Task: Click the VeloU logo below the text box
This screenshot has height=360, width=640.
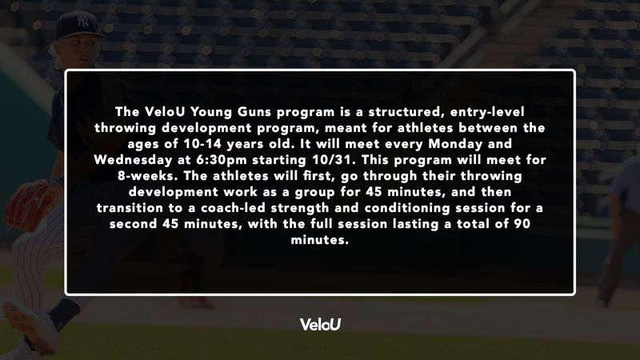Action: pos(320,324)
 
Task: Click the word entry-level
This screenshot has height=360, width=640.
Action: pos(487,112)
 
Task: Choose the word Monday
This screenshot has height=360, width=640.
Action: pos(455,144)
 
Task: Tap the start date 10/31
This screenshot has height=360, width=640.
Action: pos(337,159)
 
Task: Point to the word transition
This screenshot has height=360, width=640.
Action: pos(130,208)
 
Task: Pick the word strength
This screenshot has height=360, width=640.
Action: pos(299,208)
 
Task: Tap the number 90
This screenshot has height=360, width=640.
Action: pos(522,224)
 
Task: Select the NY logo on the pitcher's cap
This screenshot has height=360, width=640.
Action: pos(83,22)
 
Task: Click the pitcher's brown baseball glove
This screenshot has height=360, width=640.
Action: pos(28,206)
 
